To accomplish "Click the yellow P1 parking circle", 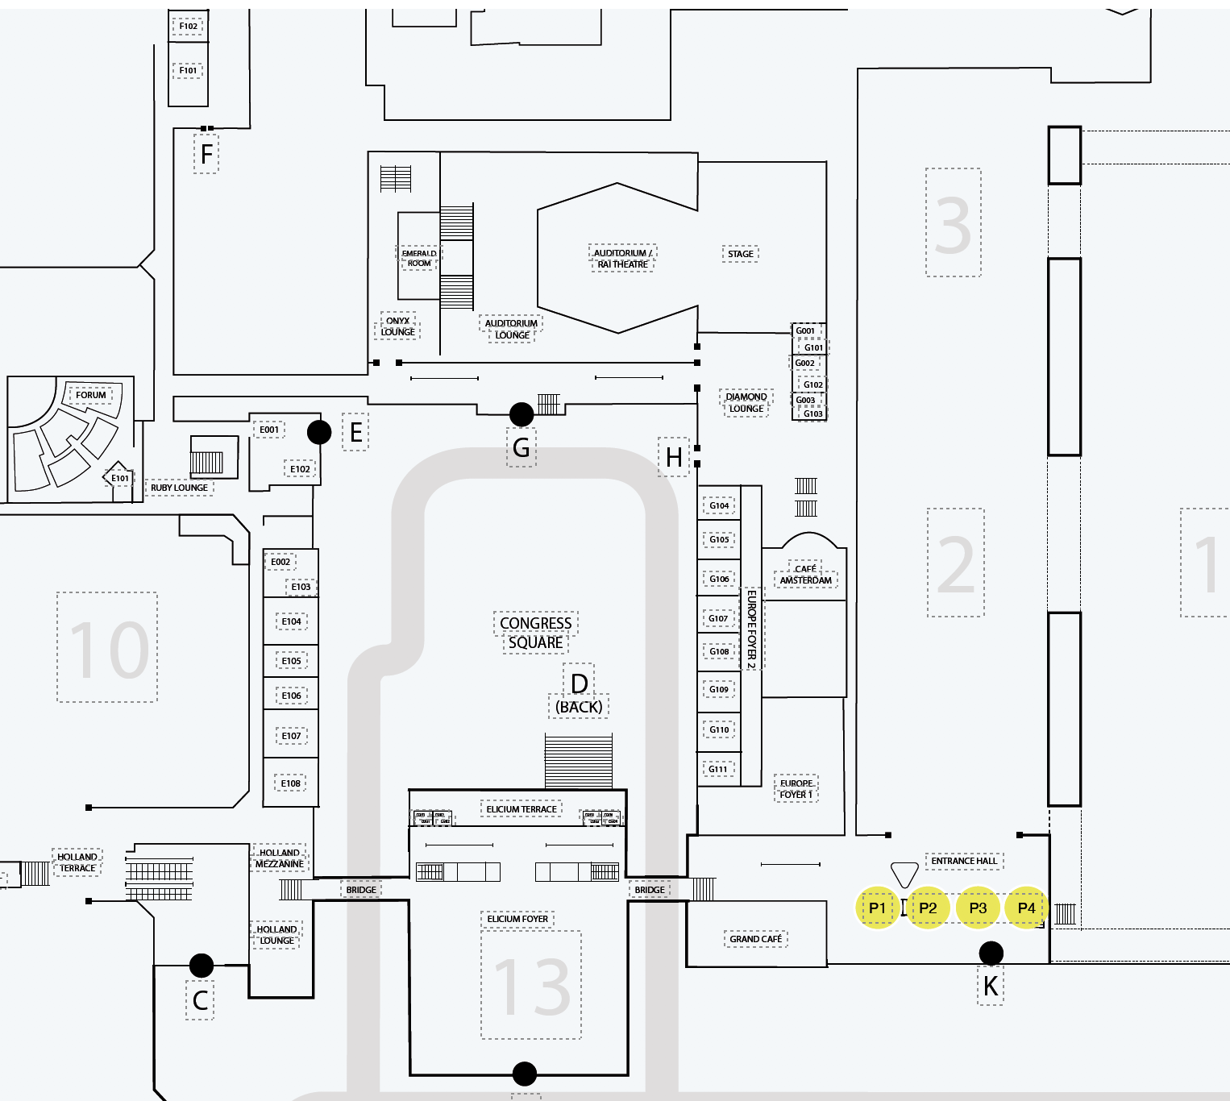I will pyautogui.click(x=877, y=908).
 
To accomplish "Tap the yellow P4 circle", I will pyautogui.click(x=1026, y=908).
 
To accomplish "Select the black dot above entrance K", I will pyautogui.click(x=991, y=954).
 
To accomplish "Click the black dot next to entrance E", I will pyautogui.click(x=319, y=432).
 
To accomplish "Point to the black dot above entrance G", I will pyautogui.click(x=522, y=414).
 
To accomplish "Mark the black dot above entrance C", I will pyautogui.click(x=202, y=965).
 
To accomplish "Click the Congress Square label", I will pyautogui.click(x=536, y=633).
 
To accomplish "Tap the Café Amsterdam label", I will pyautogui.click(x=805, y=575).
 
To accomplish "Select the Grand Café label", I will pyautogui.click(x=755, y=939).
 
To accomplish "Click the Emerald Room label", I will pyautogui.click(x=419, y=258).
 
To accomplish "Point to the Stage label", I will pyautogui.click(x=740, y=254).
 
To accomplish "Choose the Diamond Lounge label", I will pyautogui.click(x=746, y=402).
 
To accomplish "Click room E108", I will pyautogui.click(x=291, y=783).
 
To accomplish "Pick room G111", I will pyautogui.click(x=718, y=769).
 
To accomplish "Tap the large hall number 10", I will pyautogui.click(x=108, y=649).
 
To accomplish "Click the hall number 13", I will pyautogui.click(x=531, y=987).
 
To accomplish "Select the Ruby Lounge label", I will pyautogui.click(x=179, y=488).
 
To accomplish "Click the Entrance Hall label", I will pyautogui.click(x=964, y=861).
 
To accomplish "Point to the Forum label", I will pyautogui.click(x=90, y=395).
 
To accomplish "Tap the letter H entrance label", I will pyautogui.click(x=674, y=458).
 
